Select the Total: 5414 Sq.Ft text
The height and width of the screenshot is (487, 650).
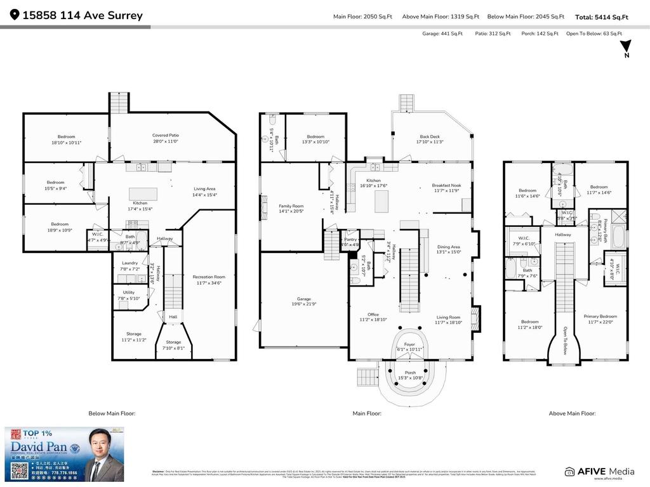coord(601,17)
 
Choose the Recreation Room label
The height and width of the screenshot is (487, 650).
coord(209,277)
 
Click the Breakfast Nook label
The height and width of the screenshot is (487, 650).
coord(446,185)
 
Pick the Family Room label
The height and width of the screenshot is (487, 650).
coord(291,206)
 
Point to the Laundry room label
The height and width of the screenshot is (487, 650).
coord(129,264)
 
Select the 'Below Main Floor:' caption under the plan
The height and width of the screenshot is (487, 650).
coord(112,413)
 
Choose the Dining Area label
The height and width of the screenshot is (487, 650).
coord(448,247)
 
